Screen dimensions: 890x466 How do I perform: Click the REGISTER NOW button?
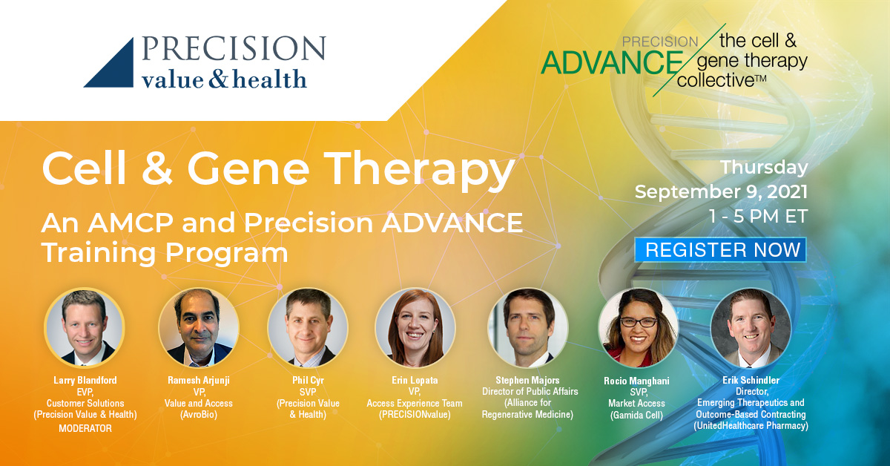(720, 250)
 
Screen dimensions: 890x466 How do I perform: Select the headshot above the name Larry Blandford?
(85, 327)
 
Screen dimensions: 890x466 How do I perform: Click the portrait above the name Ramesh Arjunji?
(198, 327)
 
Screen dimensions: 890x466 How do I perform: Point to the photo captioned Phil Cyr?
(308, 327)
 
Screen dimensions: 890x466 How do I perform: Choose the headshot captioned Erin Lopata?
(415, 327)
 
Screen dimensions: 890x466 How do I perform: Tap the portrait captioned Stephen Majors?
(527, 327)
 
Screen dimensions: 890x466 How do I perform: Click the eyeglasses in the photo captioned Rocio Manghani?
(639, 322)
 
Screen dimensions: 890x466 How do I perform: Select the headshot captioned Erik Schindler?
(751, 327)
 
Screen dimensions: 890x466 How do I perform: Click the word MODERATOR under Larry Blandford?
(85, 429)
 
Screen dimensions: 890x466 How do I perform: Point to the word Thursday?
(764, 167)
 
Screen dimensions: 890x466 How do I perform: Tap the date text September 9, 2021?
(721, 191)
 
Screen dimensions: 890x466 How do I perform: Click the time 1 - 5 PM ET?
(759, 216)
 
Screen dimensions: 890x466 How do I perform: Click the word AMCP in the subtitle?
(131, 223)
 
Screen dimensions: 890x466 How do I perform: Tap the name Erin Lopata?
(415, 381)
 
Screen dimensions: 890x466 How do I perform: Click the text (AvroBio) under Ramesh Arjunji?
(199, 415)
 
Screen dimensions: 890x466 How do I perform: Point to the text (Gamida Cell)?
(636, 416)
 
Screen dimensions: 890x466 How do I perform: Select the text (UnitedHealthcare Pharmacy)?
(751, 426)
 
